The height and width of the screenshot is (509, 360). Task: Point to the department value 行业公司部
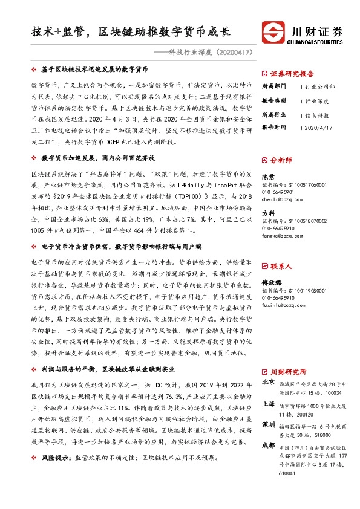click(321, 86)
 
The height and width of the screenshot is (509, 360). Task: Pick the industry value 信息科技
click(318, 114)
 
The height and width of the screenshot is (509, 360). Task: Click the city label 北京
click(269, 383)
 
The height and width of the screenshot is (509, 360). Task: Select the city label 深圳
click(269, 425)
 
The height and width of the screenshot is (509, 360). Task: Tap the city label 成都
click(269, 446)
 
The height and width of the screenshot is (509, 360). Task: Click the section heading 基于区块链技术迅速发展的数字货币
click(94, 71)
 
